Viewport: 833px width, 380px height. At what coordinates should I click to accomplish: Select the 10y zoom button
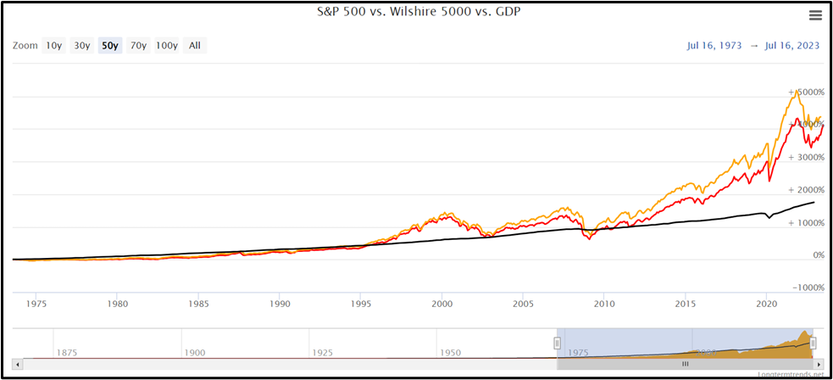[x=53, y=46]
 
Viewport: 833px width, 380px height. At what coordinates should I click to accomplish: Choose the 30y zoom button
[x=81, y=46]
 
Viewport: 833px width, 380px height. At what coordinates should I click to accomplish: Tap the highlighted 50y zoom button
[x=109, y=46]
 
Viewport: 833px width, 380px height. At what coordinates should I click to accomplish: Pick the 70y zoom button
[x=137, y=46]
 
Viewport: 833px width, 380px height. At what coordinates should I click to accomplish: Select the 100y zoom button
[x=166, y=46]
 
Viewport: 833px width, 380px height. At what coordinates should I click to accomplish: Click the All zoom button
[x=195, y=46]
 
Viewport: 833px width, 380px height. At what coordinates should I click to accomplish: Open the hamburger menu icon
[x=815, y=15]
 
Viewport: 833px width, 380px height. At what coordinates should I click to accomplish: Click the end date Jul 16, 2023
[x=792, y=46]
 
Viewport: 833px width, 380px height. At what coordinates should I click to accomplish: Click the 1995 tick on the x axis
[x=361, y=303]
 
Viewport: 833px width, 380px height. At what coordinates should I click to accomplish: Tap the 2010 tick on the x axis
[x=603, y=303]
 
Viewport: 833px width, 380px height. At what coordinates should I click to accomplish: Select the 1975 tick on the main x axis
[x=37, y=303]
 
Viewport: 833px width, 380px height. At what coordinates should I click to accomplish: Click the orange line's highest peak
[x=795, y=90]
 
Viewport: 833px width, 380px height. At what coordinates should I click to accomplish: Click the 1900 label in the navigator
[x=195, y=352]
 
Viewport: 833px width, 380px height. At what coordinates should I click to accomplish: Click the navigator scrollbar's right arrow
[x=819, y=363]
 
